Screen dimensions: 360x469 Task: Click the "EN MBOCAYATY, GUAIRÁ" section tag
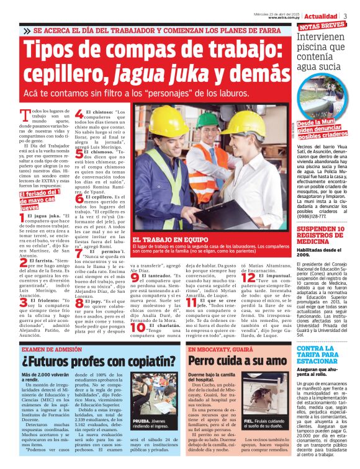[x=221, y=349]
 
